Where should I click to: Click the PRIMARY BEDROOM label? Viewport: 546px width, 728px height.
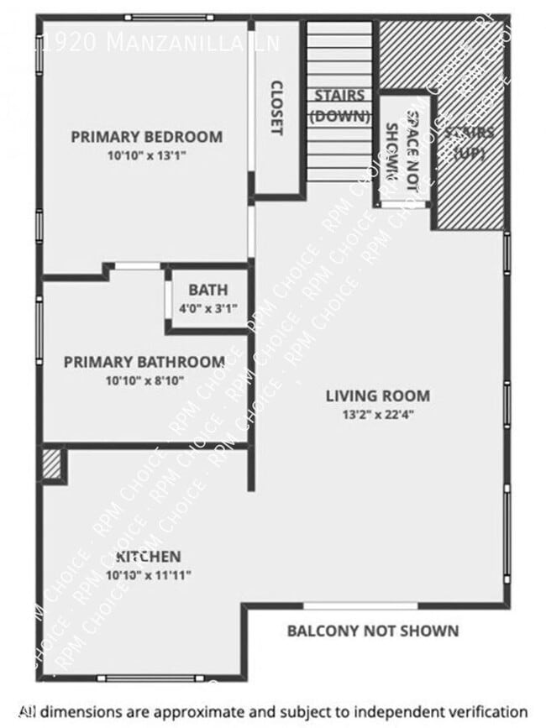(146, 137)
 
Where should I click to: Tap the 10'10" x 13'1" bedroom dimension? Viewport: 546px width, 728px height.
(146, 155)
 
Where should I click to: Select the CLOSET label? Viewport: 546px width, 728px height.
(276, 107)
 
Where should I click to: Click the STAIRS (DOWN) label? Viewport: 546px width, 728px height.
(340, 106)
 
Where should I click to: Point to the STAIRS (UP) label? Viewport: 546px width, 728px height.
(470, 143)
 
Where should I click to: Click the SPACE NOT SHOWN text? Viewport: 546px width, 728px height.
(402, 148)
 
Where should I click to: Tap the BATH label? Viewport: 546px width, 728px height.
(207, 291)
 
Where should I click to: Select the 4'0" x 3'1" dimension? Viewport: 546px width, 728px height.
(207, 308)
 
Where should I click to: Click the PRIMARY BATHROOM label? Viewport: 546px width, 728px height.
(144, 362)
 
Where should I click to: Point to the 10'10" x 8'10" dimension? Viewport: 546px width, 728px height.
(144, 380)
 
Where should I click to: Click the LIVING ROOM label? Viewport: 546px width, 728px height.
(378, 395)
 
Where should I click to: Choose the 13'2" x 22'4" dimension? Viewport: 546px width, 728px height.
(378, 413)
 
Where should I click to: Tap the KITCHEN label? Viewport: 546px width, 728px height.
(148, 557)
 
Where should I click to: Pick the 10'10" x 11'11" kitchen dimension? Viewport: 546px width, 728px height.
(148, 575)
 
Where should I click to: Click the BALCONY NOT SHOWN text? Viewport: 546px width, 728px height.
(373, 631)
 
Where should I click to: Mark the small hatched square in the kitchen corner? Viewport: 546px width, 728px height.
(53, 465)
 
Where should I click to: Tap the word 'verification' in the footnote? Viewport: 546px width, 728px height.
(485, 710)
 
